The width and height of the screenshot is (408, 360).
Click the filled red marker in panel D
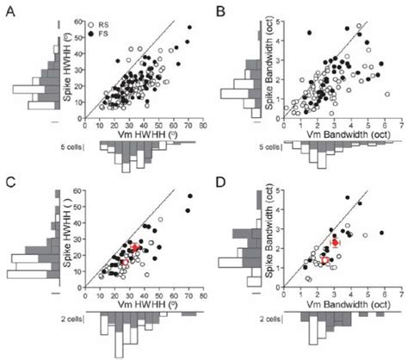[x=336, y=244]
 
